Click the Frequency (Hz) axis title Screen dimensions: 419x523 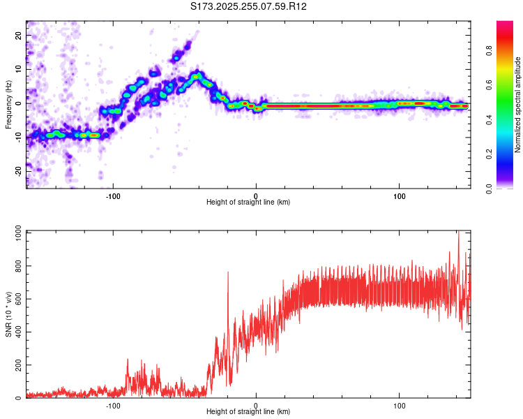[x=8, y=105]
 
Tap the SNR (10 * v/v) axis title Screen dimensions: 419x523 [x=8, y=315]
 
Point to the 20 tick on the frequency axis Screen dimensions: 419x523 [x=20, y=36]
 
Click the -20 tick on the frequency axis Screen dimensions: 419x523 [x=18, y=169]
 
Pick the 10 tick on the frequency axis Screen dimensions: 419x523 [x=20, y=69]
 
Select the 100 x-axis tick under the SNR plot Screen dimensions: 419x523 [x=400, y=406]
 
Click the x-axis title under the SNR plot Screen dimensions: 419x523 [x=248, y=413]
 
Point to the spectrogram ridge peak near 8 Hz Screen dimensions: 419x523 [x=198, y=75]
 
